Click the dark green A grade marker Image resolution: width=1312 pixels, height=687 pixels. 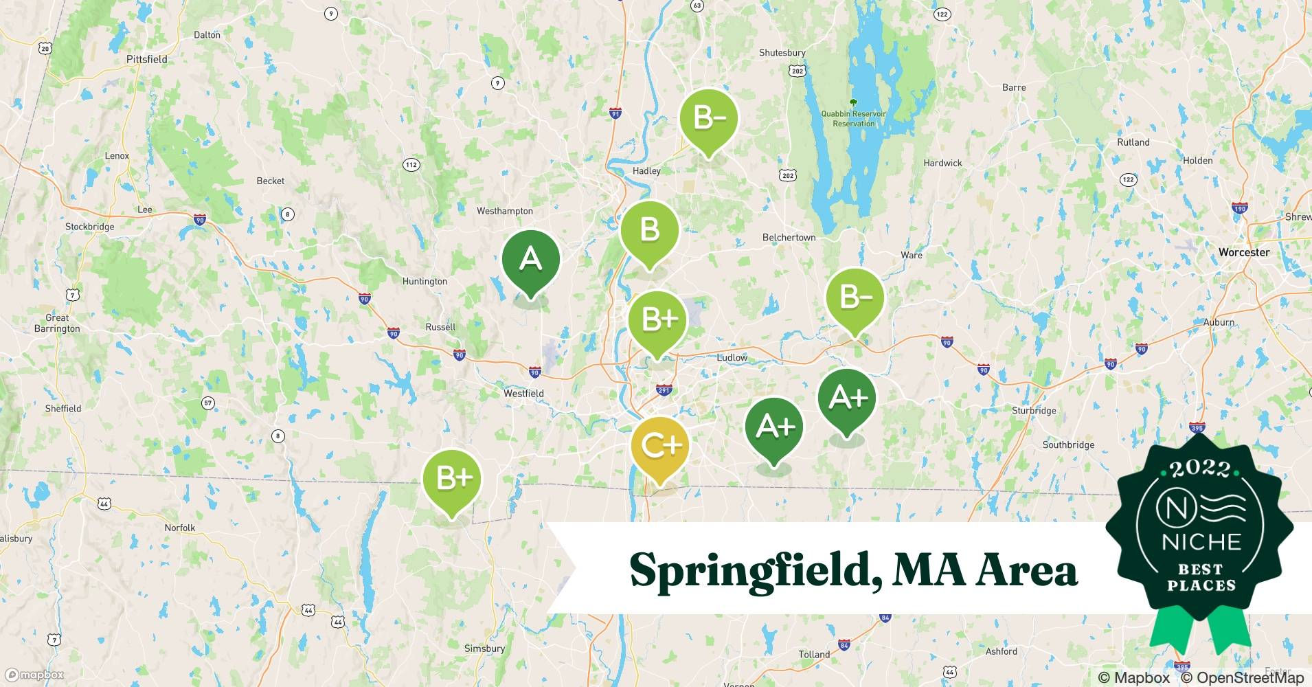click(530, 260)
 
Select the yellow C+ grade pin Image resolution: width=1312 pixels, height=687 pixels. click(660, 446)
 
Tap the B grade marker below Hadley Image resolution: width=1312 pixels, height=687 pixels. click(649, 230)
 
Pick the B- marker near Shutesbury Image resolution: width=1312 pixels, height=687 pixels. click(709, 118)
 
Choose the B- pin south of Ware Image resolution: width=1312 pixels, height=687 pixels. click(855, 297)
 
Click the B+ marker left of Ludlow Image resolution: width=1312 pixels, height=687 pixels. click(657, 320)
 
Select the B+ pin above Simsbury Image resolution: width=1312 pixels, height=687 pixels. click(452, 478)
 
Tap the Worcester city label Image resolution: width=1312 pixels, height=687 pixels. click(1243, 252)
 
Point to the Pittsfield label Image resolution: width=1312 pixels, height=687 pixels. click(146, 59)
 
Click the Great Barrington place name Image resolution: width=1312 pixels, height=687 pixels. click(57, 323)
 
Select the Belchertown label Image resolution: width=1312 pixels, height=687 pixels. click(789, 237)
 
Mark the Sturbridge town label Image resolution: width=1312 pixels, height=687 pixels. click(1033, 410)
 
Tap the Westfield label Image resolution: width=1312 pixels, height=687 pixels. click(523, 394)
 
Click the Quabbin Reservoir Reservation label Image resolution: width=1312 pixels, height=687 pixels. click(853, 118)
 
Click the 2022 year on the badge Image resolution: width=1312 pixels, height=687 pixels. click(1200, 469)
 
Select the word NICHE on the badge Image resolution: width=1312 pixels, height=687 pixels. click(1201, 542)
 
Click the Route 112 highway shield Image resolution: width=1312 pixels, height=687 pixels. click(411, 165)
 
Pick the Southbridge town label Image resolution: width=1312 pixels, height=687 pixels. click(1068, 444)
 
